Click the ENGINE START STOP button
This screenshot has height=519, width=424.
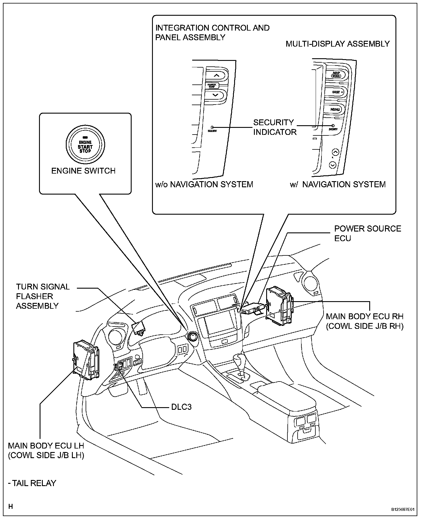[85, 145]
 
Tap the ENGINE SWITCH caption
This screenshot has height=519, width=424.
[83, 171]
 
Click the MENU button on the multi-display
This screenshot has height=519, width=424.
[335, 110]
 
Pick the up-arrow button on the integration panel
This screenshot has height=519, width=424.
[216, 75]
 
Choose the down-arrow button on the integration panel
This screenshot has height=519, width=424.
[215, 95]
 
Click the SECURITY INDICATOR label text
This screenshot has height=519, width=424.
[274, 127]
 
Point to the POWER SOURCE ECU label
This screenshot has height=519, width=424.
[367, 233]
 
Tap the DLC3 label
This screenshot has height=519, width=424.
[181, 407]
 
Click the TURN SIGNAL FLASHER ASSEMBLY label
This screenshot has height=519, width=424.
[43, 296]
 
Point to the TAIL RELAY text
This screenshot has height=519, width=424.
[32, 483]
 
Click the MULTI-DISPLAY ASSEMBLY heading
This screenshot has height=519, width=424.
[338, 44]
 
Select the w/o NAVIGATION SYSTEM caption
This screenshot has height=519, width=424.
[204, 184]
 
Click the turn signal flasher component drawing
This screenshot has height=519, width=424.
[139, 328]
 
